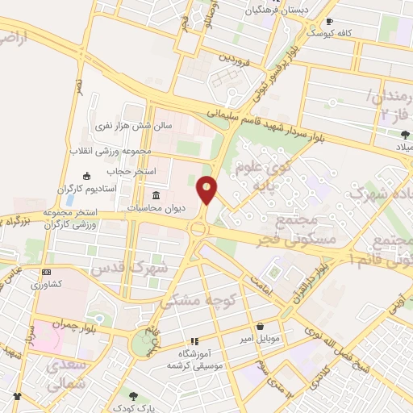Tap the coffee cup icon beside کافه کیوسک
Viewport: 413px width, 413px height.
point(328,22)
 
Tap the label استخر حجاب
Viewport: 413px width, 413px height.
point(125,172)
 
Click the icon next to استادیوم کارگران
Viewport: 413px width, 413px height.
point(86,175)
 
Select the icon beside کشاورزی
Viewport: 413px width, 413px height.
point(45,273)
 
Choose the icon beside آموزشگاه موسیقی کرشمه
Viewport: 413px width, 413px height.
point(194,341)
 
